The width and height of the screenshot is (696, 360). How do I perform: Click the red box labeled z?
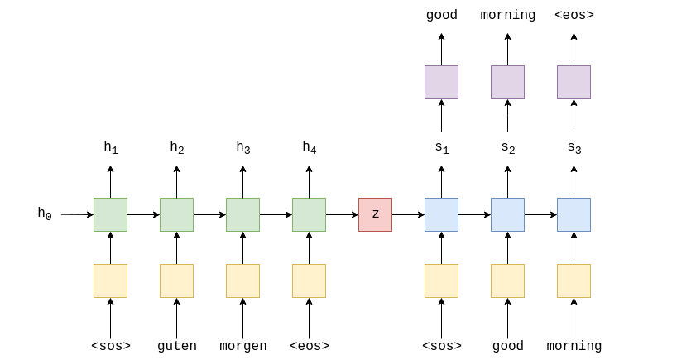coord(375,214)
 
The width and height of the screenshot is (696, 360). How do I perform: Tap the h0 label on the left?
coord(45,214)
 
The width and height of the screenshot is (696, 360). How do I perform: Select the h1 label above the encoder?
coord(110,148)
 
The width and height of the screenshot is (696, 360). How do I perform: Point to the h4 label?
coord(309,148)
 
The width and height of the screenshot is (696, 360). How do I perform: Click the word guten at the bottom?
coord(176,346)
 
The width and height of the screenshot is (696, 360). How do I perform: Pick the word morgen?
coord(242,346)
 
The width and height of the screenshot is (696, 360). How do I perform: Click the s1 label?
coord(441,148)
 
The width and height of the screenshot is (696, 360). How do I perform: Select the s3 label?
coord(574,148)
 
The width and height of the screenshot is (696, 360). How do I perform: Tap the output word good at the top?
coord(441,15)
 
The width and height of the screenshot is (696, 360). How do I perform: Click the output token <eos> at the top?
coord(574,15)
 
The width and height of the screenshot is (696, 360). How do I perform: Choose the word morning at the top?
coord(507,15)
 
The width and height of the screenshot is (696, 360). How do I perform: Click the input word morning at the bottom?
coord(574,346)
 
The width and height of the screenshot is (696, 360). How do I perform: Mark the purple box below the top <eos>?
coord(574,82)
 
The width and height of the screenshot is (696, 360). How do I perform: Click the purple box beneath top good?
coord(441,82)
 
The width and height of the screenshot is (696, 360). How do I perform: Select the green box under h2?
coord(176,214)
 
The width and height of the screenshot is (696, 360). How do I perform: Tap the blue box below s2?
coord(507,214)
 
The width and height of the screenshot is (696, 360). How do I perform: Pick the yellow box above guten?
coord(176,281)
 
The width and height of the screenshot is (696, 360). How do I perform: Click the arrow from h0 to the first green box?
coord(77,214)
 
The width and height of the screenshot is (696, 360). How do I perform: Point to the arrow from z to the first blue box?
coord(408,214)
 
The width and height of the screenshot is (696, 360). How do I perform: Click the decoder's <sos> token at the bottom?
coord(441,346)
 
